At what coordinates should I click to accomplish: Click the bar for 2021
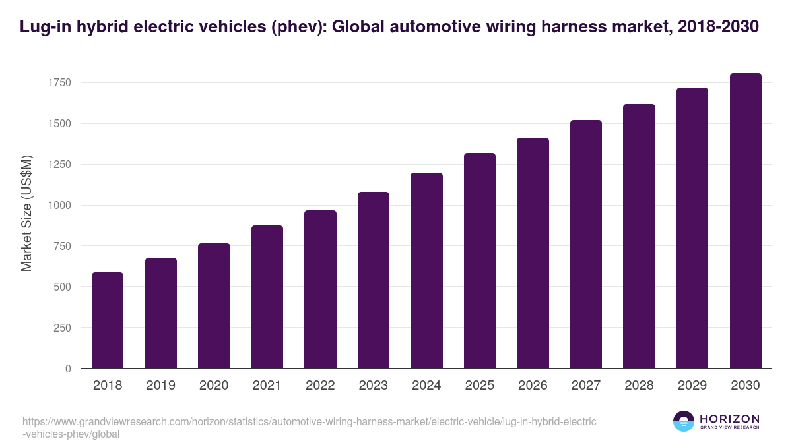(267, 297)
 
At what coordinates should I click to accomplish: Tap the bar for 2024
(426, 270)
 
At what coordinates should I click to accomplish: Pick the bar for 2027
(586, 244)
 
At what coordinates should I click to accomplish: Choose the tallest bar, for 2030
(745, 221)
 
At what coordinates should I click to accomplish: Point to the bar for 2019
(161, 313)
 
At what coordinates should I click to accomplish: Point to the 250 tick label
(63, 328)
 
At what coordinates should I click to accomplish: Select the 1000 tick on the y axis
(59, 206)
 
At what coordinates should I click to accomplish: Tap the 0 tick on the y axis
(68, 369)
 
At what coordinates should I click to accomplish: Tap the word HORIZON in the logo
(729, 419)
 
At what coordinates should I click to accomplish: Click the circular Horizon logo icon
(684, 422)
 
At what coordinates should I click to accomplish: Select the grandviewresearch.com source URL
(310, 428)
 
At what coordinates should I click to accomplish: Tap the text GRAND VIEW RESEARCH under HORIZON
(729, 428)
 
